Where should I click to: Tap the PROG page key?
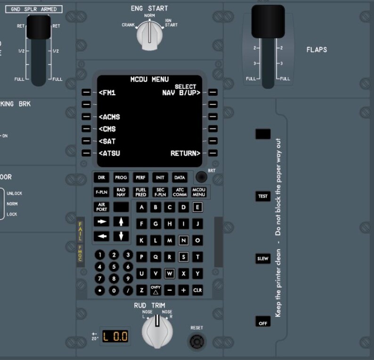(121, 177)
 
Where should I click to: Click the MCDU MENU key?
(199, 192)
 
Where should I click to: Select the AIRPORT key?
(101, 207)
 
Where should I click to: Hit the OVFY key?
(155, 290)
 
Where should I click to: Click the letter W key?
(170, 273)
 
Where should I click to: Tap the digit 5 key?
(114, 266)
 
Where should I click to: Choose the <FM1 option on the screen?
(107, 93)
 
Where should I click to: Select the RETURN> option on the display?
(185, 153)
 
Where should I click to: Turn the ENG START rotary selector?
(149, 36)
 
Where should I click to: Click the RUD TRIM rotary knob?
(157, 329)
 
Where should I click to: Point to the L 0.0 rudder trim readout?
(115, 336)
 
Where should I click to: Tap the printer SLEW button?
(263, 259)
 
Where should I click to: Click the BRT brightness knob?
(202, 177)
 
